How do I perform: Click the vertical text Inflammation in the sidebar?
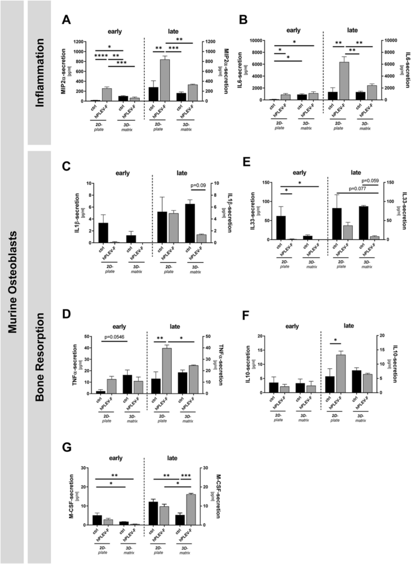40,72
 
